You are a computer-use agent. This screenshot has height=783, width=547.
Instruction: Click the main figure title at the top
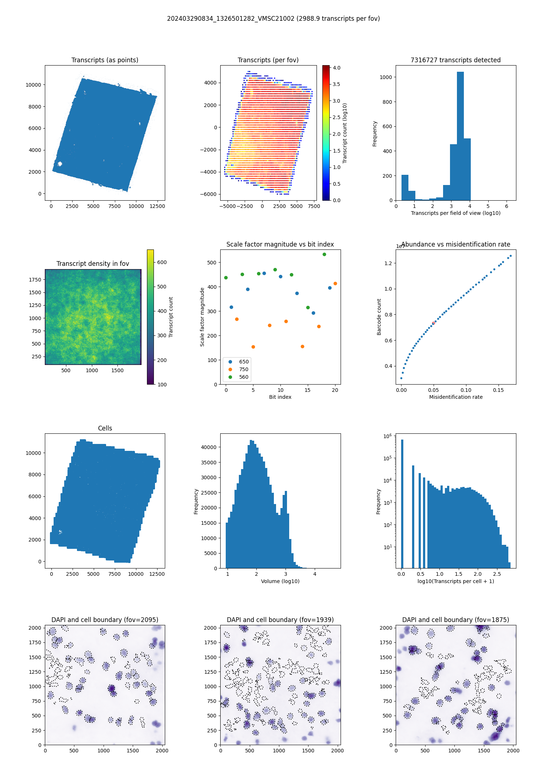click(x=273, y=19)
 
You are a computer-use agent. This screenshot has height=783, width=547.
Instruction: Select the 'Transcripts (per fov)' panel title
click(x=268, y=60)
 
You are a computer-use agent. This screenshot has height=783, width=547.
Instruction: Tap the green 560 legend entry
click(x=239, y=377)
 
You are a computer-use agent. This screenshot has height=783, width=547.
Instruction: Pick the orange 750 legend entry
click(x=239, y=369)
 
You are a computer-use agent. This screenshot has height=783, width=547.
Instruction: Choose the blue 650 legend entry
click(x=239, y=362)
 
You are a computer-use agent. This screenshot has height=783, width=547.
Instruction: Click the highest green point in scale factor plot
click(x=324, y=254)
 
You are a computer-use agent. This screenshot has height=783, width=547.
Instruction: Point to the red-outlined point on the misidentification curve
click(x=433, y=323)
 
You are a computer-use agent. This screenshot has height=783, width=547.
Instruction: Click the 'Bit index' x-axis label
click(x=280, y=397)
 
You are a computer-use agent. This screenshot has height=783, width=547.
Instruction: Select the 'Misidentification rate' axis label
click(x=455, y=397)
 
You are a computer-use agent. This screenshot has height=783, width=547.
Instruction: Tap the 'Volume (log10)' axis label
click(x=280, y=581)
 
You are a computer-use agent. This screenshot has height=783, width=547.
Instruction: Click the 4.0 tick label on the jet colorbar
click(x=337, y=68)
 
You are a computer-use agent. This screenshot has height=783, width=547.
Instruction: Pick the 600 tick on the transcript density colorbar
click(x=162, y=262)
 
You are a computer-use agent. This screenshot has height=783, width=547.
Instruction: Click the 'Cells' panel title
click(x=105, y=428)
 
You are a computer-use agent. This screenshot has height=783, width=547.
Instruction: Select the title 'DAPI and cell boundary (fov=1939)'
click(x=280, y=620)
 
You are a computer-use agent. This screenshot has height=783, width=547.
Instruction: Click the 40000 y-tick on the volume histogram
click(x=209, y=447)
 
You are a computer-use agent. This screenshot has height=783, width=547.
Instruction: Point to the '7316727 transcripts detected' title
click(x=455, y=60)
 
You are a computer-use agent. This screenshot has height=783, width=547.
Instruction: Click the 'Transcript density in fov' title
click(x=93, y=264)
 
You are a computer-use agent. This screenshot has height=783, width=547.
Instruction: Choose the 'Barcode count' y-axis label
click(x=379, y=317)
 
